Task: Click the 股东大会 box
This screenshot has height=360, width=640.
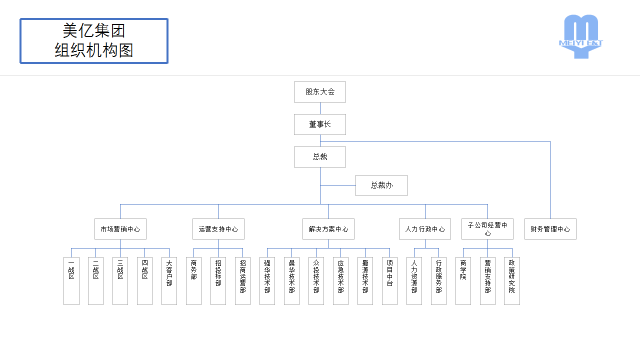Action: (x=320, y=92)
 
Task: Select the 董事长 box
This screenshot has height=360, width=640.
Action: (x=320, y=124)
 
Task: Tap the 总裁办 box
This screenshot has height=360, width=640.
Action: (x=381, y=185)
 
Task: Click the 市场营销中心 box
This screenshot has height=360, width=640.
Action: (x=120, y=229)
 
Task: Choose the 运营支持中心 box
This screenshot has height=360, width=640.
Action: (x=218, y=229)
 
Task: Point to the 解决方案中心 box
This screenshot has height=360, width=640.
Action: (x=328, y=229)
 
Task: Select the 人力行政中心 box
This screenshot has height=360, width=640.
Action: (x=425, y=229)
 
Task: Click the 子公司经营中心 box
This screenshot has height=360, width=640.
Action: (x=487, y=229)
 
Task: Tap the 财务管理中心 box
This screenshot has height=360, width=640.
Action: (x=550, y=229)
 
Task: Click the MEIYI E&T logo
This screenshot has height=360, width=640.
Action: (x=580, y=36)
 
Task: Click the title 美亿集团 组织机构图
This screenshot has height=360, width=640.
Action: (x=94, y=41)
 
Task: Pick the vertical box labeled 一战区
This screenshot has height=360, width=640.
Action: (x=71, y=281)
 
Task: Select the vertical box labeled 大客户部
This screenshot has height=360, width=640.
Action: (x=169, y=281)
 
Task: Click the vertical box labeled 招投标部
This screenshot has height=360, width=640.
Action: (x=218, y=281)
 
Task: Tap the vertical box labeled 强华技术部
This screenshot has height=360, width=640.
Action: (x=267, y=281)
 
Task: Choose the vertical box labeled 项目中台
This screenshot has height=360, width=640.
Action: (x=390, y=281)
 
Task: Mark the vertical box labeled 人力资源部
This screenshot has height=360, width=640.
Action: (x=414, y=281)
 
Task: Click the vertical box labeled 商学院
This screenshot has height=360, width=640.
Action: (x=463, y=281)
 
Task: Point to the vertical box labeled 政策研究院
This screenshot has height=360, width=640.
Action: (x=512, y=281)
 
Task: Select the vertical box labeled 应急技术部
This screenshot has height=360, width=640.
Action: (x=341, y=281)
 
